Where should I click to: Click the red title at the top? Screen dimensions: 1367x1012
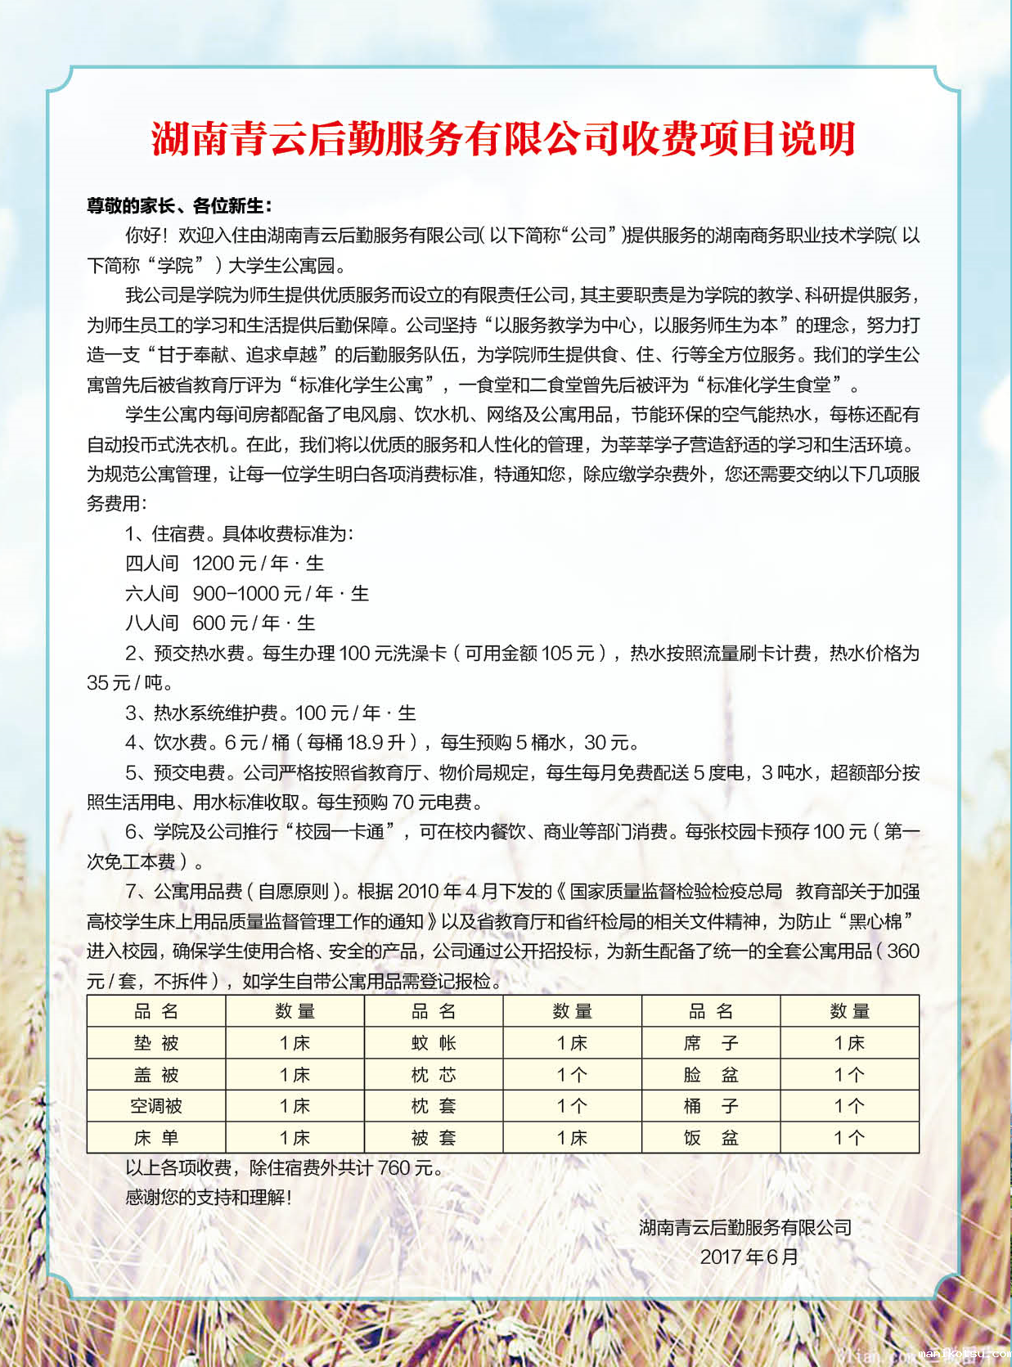click(x=503, y=139)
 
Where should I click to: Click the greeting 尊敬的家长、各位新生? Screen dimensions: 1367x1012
click(x=179, y=205)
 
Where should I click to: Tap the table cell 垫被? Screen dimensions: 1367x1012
click(x=156, y=1043)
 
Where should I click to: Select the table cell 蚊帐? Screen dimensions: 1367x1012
click(x=434, y=1043)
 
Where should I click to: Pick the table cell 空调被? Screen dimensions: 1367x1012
click(x=156, y=1106)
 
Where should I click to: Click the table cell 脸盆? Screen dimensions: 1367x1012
click(x=711, y=1075)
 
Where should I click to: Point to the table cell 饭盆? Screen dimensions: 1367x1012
click(x=711, y=1138)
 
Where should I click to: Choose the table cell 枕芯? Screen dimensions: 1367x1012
click(x=434, y=1075)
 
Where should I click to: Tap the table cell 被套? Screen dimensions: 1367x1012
click(x=434, y=1138)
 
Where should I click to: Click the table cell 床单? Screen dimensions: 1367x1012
click(x=156, y=1138)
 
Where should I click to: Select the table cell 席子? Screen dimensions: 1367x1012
click(x=711, y=1043)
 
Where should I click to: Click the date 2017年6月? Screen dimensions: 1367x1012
click(x=749, y=1257)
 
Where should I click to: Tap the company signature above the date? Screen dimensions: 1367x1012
click(x=745, y=1227)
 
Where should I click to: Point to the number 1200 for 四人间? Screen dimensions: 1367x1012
click(x=213, y=564)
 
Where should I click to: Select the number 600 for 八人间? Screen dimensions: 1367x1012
click(x=209, y=623)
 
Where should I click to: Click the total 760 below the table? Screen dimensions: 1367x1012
click(x=394, y=1168)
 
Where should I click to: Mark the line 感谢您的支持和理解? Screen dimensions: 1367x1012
click(x=208, y=1198)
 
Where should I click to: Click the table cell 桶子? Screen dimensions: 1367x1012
click(x=711, y=1106)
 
